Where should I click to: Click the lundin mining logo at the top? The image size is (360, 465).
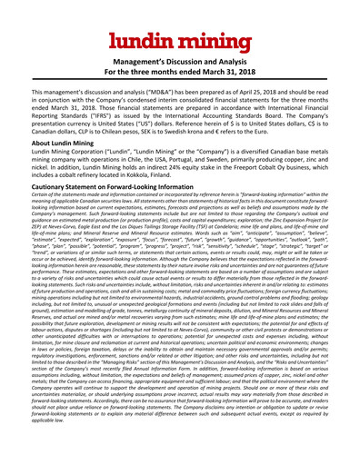[180, 41]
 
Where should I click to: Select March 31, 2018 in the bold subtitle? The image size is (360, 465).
[246, 74]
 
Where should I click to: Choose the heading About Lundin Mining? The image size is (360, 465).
[65, 145]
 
